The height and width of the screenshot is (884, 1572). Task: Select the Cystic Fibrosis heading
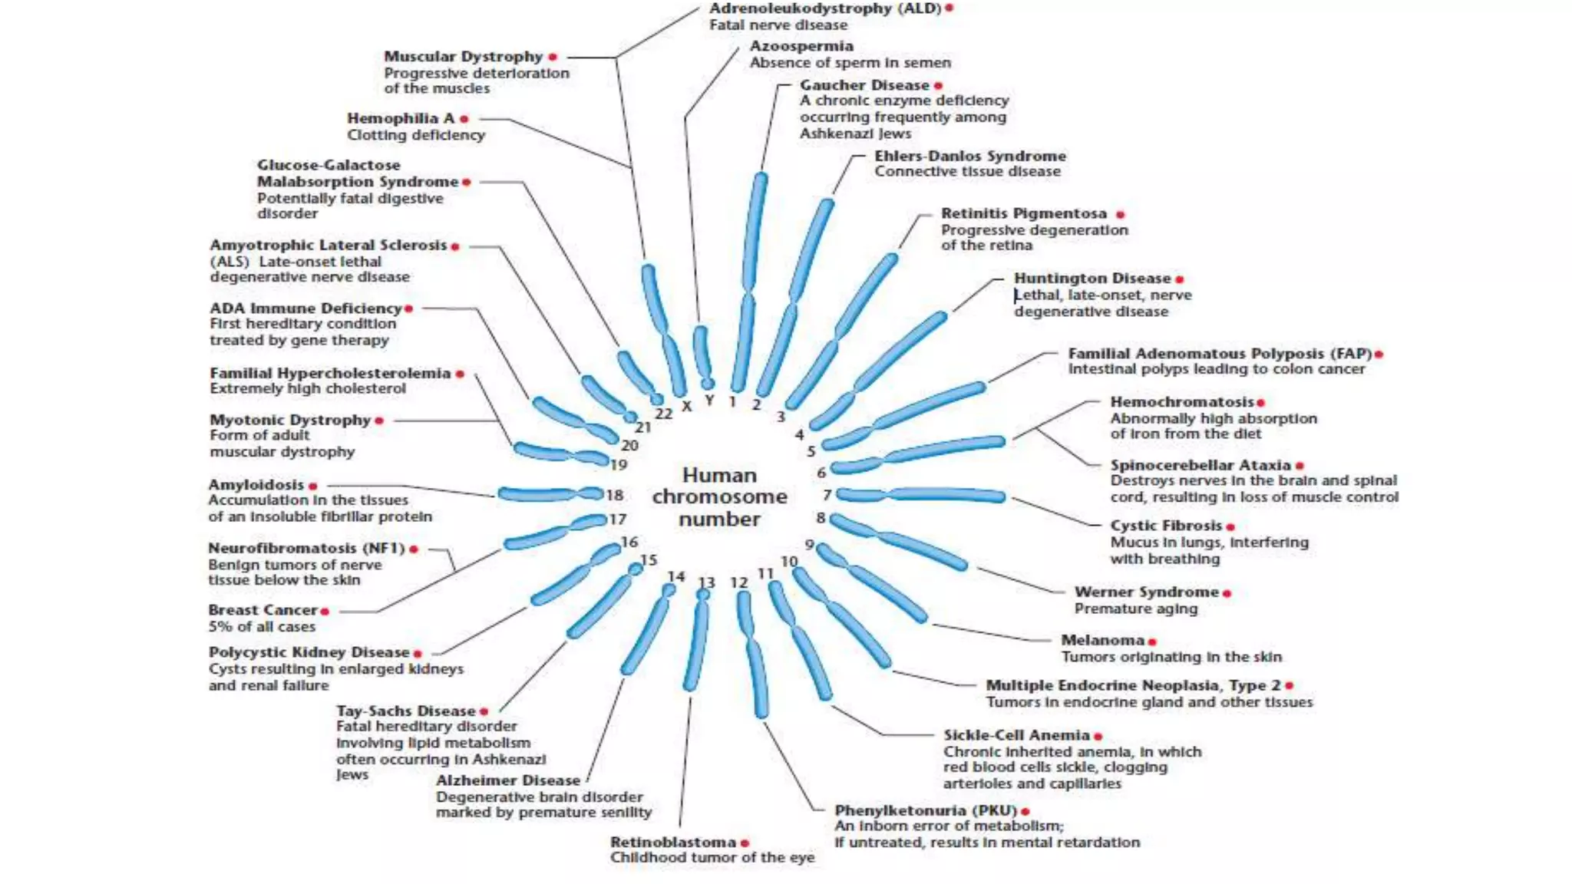(x=1165, y=526)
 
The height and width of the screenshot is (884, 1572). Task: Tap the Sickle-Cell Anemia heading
(x=1016, y=735)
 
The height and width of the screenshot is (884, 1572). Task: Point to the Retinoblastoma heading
(x=672, y=842)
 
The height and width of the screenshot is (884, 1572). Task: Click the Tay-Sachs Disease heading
(x=405, y=711)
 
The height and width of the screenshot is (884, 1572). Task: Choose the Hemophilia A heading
(x=400, y=118)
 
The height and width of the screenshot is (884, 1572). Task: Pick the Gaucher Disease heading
(x=864, y=85)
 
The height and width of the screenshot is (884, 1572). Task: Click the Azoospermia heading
(x=801, y=46)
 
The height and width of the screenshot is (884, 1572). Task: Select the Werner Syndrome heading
(x=1146, y=592)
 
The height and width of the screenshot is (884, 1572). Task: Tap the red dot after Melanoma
(x=1152, y=642)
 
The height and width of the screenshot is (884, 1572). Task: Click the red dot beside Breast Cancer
(x=325, y=612)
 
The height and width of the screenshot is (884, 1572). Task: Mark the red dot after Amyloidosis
(x=312, y=487)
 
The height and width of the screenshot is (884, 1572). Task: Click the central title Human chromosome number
(x=719, y=497)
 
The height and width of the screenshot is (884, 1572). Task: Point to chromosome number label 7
(x=827, y=495)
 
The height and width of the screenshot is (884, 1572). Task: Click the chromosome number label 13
(x=706, y=583)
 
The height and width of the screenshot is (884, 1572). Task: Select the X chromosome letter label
(x=686, y=406)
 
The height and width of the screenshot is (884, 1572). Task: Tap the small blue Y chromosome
(x=702, y=353)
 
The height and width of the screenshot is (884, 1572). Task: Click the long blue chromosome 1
(x=749, y=284)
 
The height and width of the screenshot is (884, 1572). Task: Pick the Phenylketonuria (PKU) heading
(x=925, y=810)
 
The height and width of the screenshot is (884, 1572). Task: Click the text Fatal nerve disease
(x=778, y=25)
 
